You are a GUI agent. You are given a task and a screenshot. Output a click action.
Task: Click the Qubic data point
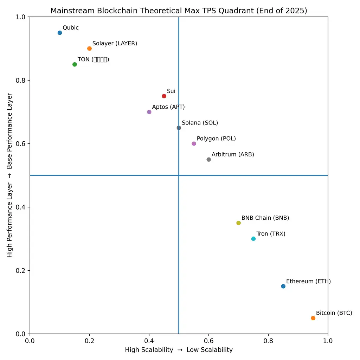60,33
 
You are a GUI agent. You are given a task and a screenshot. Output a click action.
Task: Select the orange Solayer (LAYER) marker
89,49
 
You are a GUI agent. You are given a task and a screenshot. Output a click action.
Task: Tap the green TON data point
75,64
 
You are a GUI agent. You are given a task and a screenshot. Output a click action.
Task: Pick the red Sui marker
164,96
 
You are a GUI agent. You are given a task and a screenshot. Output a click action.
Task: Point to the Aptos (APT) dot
149,112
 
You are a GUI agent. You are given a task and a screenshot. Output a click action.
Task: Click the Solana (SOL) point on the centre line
179,128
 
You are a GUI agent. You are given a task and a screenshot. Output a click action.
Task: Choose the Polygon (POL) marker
194,143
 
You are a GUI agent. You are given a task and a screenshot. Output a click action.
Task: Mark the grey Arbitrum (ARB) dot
208,160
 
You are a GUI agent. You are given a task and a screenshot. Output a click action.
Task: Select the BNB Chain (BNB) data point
238,223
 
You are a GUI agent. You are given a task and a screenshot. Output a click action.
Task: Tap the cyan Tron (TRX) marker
253,239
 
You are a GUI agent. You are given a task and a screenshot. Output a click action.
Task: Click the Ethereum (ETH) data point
283,286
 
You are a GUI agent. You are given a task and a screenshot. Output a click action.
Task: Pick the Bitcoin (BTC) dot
313,318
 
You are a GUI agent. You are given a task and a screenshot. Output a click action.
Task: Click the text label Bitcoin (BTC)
334,313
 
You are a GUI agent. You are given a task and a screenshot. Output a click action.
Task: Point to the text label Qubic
71,28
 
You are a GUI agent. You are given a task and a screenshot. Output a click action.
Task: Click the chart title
179,11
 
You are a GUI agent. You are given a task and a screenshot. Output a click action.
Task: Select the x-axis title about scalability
179,350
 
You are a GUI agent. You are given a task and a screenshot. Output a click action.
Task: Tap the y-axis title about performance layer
10,175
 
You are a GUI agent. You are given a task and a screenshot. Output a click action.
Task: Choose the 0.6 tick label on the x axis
208,341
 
